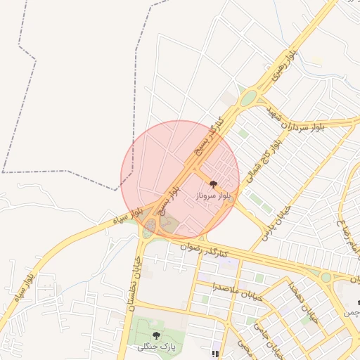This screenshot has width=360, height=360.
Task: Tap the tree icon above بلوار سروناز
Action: point(214,185)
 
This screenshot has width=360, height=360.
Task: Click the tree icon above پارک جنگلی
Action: point(156,336)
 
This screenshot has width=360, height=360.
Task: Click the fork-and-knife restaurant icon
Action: point(215,354)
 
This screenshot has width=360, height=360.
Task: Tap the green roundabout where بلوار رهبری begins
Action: point(248,98)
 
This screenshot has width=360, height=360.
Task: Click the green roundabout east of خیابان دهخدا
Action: point(326,278)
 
